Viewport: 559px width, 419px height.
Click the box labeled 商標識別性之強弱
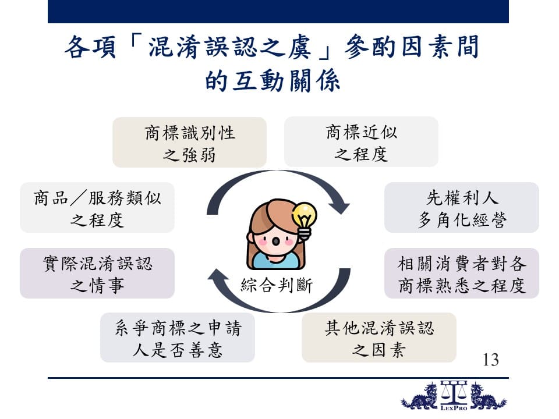[x=189, y=142]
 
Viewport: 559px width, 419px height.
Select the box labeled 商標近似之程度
[x=361, y=141]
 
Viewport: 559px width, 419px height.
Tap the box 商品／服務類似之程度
[x=97, y=207]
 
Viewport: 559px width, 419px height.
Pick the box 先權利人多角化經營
[x=462, y=207]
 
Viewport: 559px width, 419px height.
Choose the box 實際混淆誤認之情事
[x=97, y=274]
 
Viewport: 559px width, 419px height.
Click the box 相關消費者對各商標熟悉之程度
[x=462, y=274]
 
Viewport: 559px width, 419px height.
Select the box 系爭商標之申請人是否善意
[x=178, y=338]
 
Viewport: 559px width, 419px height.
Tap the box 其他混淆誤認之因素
[x=379, y=338]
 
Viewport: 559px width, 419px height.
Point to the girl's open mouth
[x=275, y=241]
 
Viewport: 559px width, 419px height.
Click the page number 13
[x=490, y=360]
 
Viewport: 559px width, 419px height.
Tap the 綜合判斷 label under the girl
[x=277, y=285]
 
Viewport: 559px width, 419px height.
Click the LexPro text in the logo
[x=454, y=408]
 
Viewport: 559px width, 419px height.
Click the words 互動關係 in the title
[x=286, y=80]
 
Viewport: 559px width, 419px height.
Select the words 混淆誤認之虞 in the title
[x=229, y=47]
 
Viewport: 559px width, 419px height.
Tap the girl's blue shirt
[x=275, y=261]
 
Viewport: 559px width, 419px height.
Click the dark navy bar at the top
[x=278, y=12]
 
